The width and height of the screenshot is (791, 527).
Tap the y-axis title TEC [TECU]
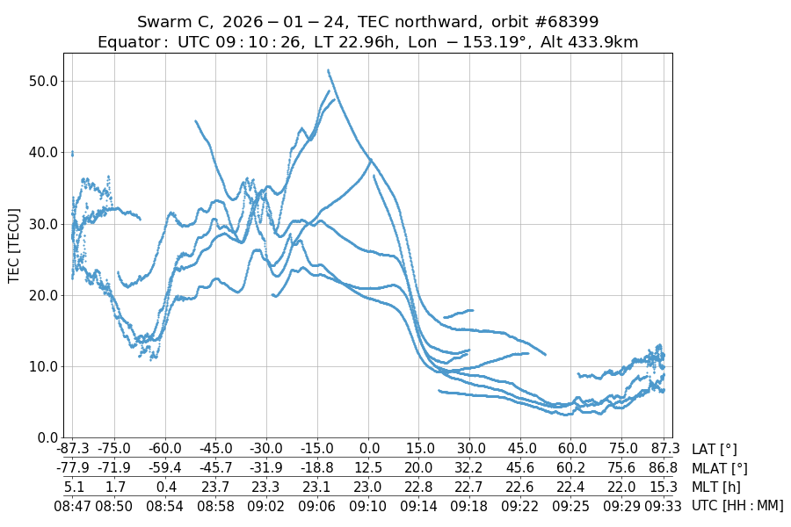[14, 245]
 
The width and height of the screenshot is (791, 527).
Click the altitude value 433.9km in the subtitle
[606, 42]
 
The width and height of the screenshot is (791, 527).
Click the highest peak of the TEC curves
[328, 70]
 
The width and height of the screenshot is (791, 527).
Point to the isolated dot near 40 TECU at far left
[72, 154]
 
